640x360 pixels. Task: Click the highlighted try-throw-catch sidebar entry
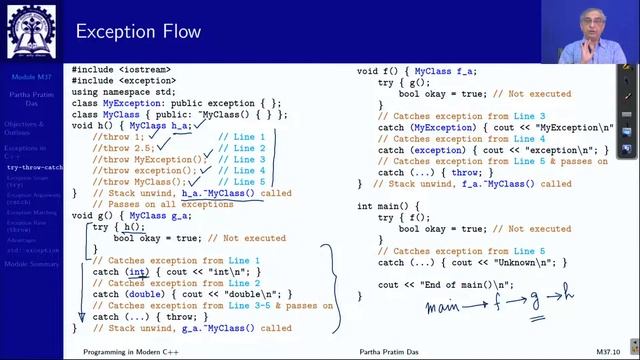point(35,167)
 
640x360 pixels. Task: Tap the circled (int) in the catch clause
point(135,272)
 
